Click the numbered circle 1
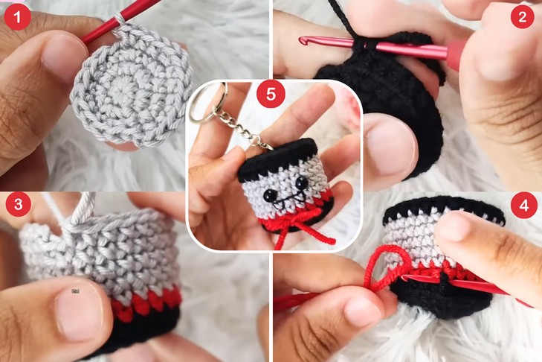[17, 16]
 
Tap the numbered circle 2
[523, 16]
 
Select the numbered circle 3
[19, 204]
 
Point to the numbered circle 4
[524, 205]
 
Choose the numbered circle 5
[271, 94]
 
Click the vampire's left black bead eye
[268, 194]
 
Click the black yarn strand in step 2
[342, 22]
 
